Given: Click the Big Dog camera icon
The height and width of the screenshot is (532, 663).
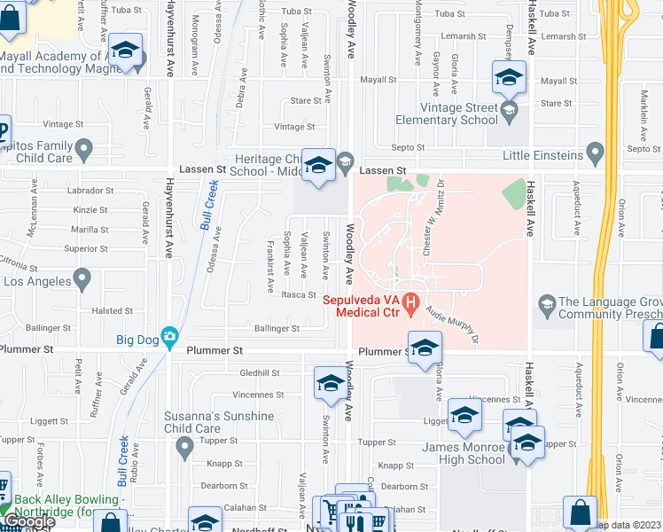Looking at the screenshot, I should [x=168, y=336].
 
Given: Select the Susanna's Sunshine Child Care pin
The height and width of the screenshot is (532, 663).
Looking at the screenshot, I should [x=183, y=447].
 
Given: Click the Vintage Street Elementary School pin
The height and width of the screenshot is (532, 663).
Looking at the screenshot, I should [x=509, y=111].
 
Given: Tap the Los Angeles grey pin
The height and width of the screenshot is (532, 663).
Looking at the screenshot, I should [x=82, y=281].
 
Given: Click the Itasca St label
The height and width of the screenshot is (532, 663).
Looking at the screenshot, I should [x=299, y=295].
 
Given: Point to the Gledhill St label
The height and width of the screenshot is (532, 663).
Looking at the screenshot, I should [x=259, y=373].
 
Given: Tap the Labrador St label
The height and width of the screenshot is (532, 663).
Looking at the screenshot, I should [x=94, y=191].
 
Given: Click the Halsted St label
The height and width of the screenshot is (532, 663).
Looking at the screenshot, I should [x=113, y=310].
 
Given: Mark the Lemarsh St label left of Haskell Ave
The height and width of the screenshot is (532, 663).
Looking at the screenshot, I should [x=486, y=36].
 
